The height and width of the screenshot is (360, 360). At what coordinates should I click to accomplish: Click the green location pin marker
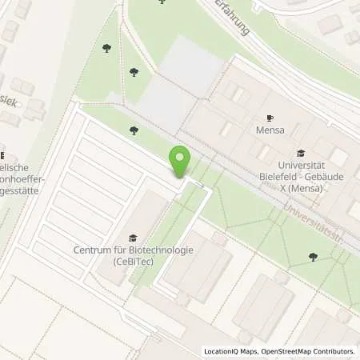180,162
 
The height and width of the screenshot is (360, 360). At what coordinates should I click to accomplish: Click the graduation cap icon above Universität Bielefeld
300,153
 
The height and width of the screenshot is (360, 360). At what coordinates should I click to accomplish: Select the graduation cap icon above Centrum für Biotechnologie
132,238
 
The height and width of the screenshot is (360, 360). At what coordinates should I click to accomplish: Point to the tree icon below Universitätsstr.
312,257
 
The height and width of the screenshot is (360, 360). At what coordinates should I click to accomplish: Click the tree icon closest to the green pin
134,130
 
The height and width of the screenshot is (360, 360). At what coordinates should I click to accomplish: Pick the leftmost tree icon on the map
107,49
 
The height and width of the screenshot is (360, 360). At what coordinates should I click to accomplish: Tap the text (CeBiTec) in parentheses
132,261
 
